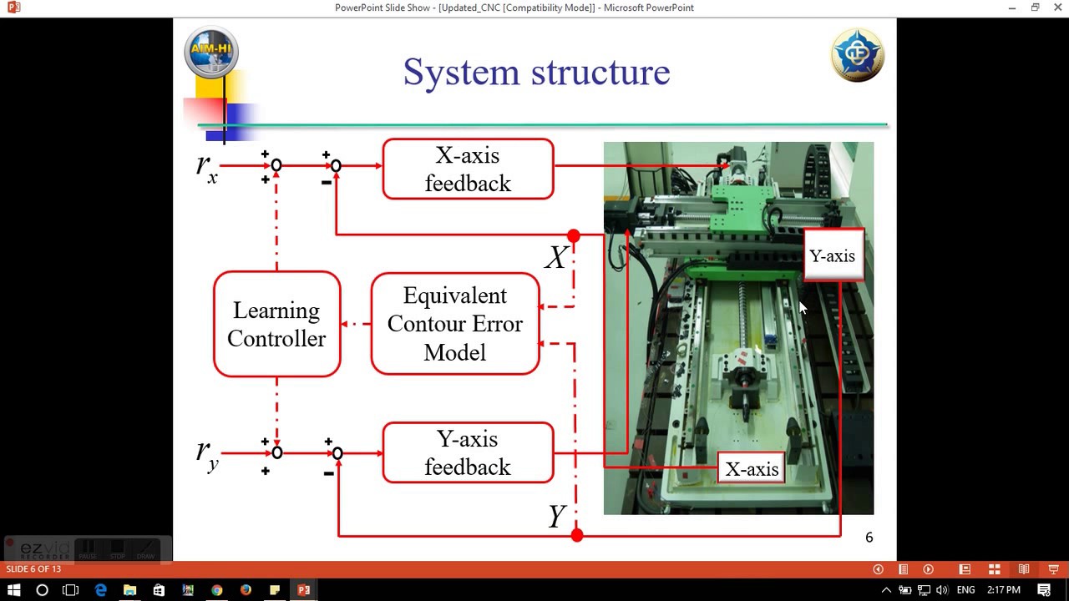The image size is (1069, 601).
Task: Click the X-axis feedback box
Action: click(468, 169)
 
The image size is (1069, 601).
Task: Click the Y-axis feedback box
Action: click(468, 453)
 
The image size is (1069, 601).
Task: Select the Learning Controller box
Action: click(276, 325)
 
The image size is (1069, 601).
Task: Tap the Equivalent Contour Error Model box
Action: click(455, 324)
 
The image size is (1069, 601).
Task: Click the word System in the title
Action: click(462, 73)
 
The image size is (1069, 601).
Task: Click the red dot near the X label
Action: click(574, 236)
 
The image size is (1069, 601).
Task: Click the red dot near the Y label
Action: click(577, 535)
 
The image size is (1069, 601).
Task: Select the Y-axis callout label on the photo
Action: click(832, 256)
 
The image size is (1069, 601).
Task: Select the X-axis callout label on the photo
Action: click(752, 469)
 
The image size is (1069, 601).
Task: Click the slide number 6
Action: click(869, 538)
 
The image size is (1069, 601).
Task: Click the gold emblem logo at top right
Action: click(858, 55)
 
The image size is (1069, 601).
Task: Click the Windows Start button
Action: click(14, 590)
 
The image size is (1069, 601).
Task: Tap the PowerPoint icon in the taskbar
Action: click(303, 590)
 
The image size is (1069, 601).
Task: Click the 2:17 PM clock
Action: click(1004, 590)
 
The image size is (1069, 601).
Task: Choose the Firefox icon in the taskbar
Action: click(246, 590)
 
